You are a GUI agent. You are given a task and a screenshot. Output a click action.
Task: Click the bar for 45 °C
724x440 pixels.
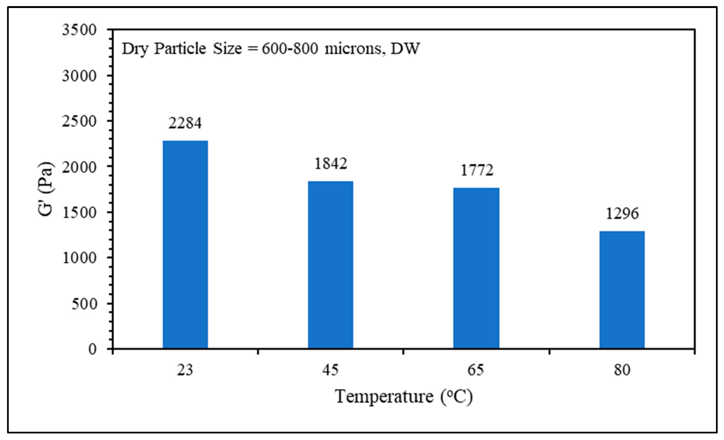pos(331,265)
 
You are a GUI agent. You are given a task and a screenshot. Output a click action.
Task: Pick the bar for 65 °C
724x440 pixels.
pos(476,268)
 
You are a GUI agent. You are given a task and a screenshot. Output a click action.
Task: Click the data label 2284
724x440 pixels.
pos(185,123)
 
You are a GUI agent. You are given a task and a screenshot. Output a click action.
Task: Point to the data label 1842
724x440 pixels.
pos(331,163)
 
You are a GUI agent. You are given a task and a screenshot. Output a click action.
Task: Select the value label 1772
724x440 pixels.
pos(477,170)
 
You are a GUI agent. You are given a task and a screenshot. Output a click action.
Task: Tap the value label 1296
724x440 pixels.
pos(622,213)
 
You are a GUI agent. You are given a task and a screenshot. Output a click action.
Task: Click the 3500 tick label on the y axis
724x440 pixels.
pos(79,30)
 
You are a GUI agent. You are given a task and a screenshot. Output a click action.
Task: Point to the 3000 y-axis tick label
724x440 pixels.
pos(79,76)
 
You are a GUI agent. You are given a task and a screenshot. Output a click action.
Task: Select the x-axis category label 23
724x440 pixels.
pos(185,370)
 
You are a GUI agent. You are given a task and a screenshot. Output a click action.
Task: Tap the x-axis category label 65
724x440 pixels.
pos(476,370)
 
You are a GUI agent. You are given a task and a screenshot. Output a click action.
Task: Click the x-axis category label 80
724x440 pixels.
pos(622,370)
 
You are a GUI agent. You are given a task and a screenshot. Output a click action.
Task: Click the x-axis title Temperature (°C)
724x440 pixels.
pos(404,397)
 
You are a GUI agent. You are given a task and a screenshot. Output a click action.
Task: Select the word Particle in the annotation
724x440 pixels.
pos(180,49)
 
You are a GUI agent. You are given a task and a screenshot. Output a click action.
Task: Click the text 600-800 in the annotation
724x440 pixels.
pos(290,49)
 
